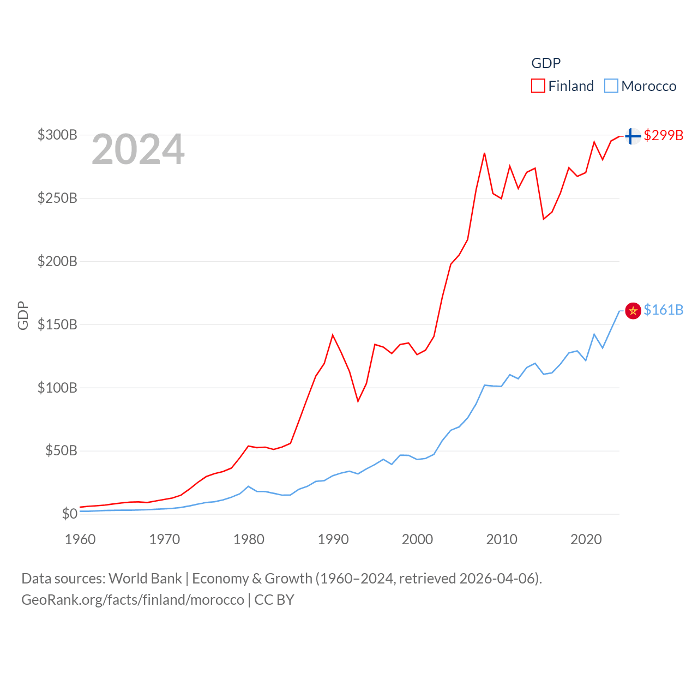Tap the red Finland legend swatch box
tap(538, 86)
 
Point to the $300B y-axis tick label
tap(57, 135)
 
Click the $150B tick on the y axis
tap(57, 324)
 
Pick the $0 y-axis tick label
tap(69, 514)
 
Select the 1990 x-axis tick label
tap(333, 539)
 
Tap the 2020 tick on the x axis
tap(586, 539)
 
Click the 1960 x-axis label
tap(80, 539)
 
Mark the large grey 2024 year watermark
tap(138, 149)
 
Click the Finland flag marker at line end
tap(633, 136)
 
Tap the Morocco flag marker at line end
tap(633, 311)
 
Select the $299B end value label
tap(663, 135)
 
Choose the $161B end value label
tap(663, 310)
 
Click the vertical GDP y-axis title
tap(23, 315)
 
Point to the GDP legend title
tap(546, 63)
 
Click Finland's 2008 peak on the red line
tap(484, 153)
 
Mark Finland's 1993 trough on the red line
tap(358, 401)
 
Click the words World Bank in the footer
tap(145, 578)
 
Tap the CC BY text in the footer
tap(274, 600)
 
